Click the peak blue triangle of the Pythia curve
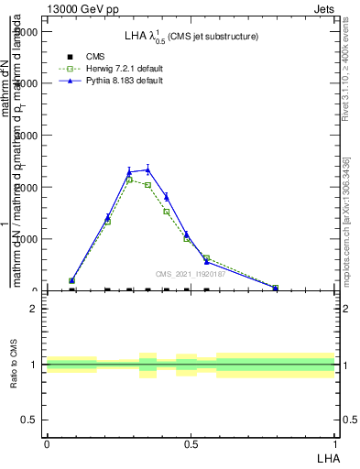pyautogui.click(x=147, y=169)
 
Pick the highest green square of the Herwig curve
pyautogui.click(x=130, y=180)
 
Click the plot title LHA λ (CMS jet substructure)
pyautogui.click(x=191, y=37)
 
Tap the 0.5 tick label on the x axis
pyautogui.click(x=191, y=443)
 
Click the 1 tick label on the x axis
pyautogui.click(x=335, y=443)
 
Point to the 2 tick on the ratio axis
pyautogui.click(x=33, y=309)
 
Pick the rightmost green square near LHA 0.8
pyautogui.click(x=276, y=288)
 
